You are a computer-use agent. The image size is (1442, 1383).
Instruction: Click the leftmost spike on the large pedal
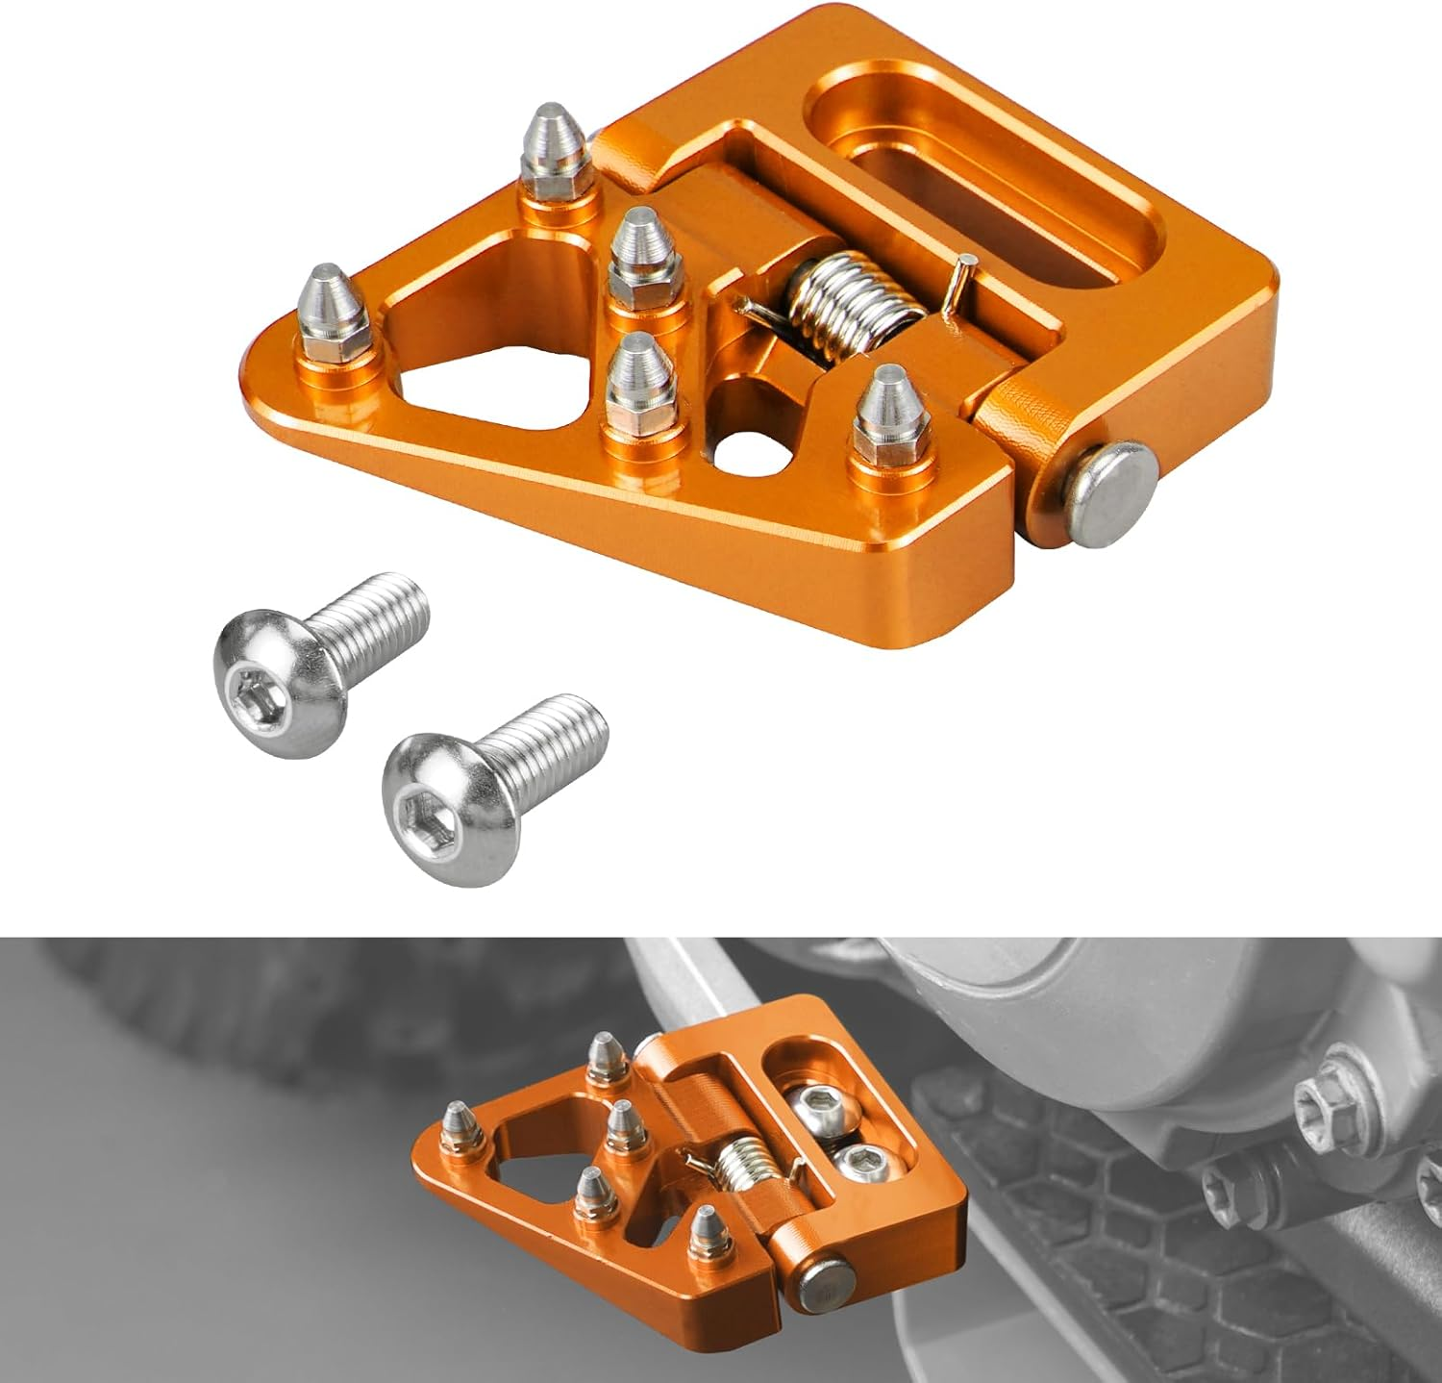[x=330, y=313]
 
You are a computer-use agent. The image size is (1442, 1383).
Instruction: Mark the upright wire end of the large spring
[x=955, y=283]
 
